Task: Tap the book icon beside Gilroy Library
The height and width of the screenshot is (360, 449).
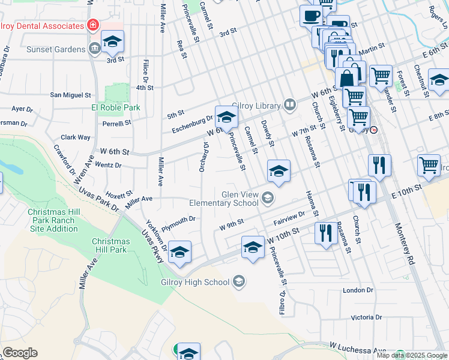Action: [x=290, y=106]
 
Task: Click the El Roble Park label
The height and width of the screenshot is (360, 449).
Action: [x=115, y=107]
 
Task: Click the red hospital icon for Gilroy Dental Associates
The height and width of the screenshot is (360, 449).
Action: [x=92, y=25]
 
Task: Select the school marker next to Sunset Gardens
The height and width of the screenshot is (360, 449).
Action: [x=112, y=41]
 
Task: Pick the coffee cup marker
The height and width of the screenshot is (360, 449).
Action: [x=311, y=16]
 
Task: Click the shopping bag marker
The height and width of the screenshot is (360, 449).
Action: [x=348, y=77]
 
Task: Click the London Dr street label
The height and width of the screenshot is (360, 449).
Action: [x=358, y=290]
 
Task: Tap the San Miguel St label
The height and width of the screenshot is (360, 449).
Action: [x=70, y=95]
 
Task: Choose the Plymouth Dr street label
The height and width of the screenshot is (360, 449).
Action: [x=179, y=220]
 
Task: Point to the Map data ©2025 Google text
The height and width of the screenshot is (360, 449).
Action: [x=412, y=355]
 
